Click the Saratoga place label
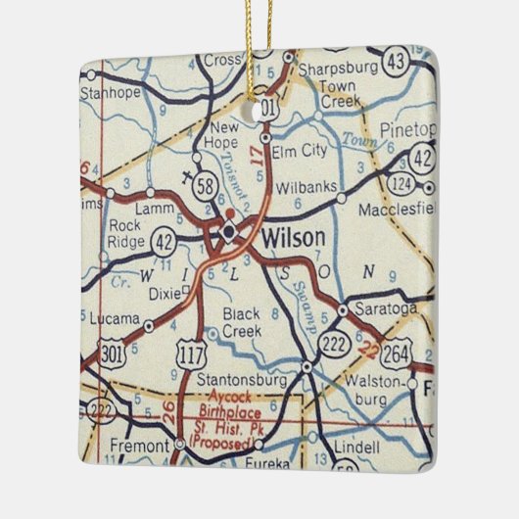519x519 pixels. tap(388, 307)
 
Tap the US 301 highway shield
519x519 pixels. tap(112, 352)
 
